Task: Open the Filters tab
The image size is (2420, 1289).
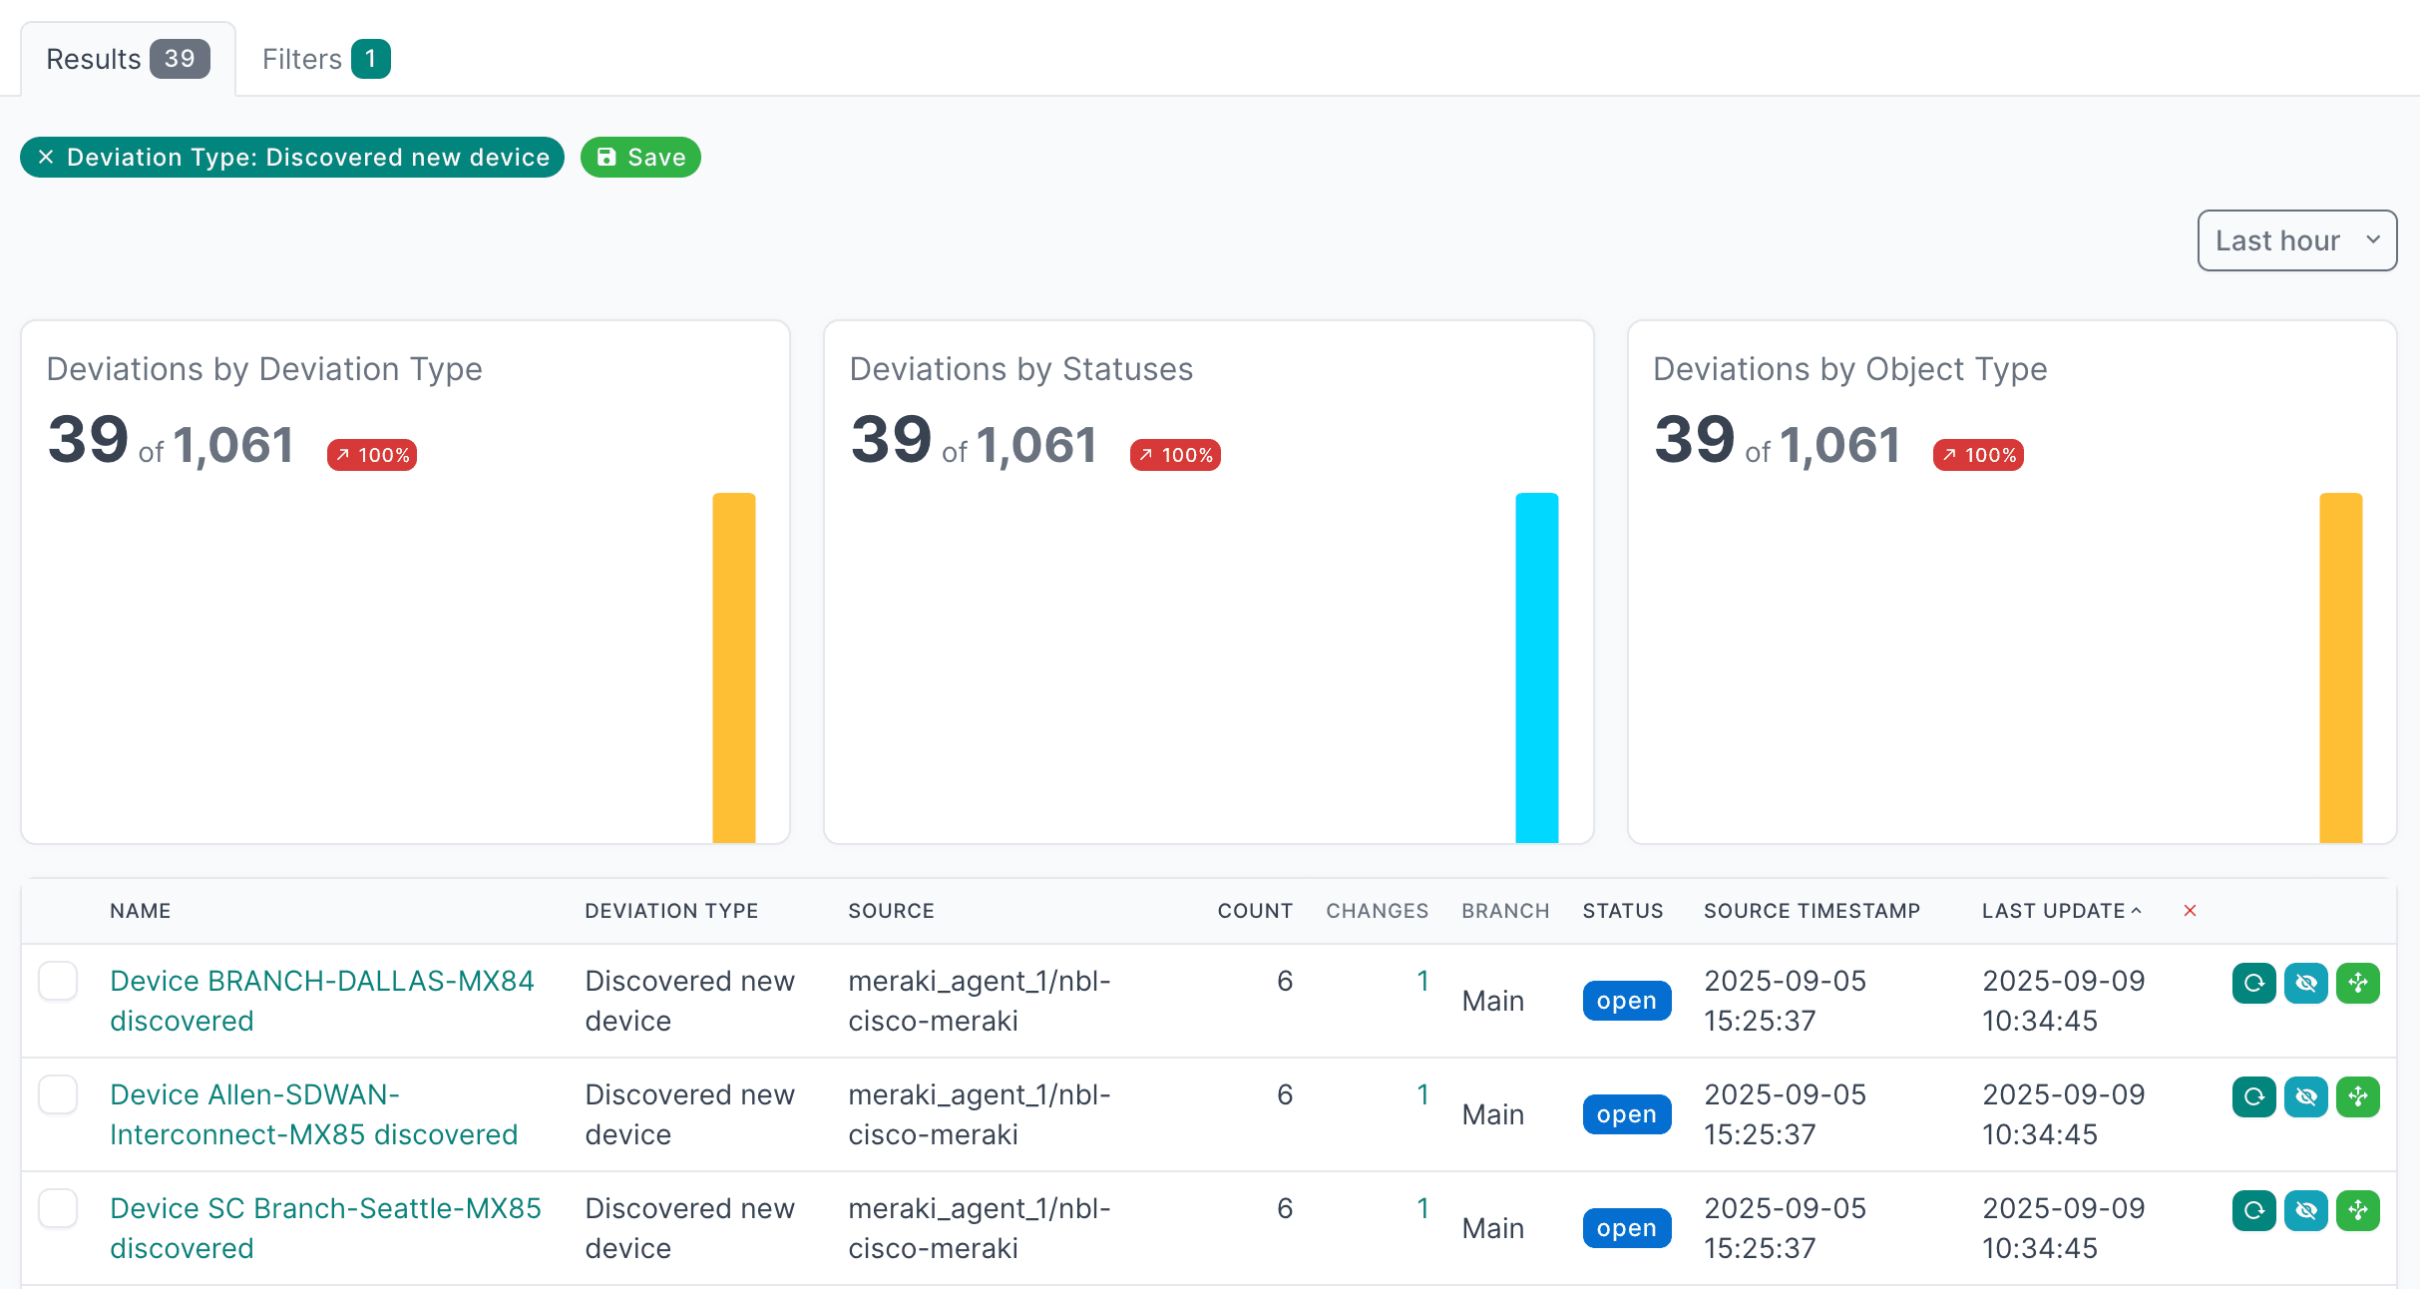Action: [325, 59]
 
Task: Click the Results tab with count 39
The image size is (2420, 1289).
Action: [128, 59]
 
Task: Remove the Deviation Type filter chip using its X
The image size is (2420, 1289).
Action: [46, 157]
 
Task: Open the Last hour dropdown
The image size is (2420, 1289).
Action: [2296, 240]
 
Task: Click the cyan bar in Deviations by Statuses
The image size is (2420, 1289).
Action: [1536, 667]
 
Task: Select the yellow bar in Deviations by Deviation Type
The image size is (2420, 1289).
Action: [733, 667]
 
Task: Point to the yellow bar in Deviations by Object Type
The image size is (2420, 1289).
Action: [2340, 667]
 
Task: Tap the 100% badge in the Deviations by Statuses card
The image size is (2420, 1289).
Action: [1175, 455]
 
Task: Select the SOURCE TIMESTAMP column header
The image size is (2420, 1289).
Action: [1812, 911]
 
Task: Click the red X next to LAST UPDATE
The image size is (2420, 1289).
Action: [2190, 911]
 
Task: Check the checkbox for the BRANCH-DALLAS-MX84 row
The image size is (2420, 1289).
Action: [58, 981]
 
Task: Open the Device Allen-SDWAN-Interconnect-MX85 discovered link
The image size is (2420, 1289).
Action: [313, 1114]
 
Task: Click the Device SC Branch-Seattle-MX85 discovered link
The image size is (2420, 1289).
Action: [325, 1228]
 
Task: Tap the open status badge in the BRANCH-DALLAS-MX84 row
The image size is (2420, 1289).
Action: [1626, 1001]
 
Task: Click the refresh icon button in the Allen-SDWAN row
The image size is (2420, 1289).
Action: [2253, 1096]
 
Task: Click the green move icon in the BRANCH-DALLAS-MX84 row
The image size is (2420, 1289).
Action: [2358, 983]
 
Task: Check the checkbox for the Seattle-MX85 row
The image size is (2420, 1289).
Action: [58, 1208]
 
